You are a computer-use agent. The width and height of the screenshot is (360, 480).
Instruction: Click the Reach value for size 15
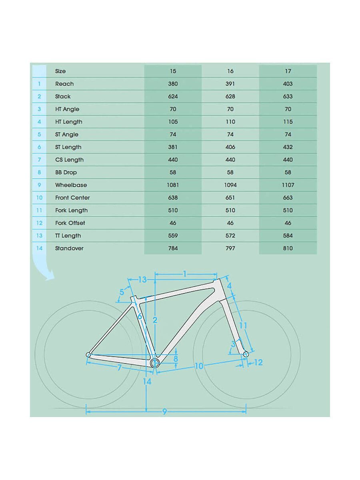point(173,84)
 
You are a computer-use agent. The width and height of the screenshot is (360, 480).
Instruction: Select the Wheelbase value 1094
point(230,185)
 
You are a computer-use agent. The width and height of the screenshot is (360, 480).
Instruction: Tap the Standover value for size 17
point(288,248)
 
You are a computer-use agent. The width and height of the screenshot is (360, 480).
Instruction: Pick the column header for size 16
point(230,71)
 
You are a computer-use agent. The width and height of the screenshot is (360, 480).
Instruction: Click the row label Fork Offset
point(70,223)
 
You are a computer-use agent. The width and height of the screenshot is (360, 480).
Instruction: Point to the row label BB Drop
point(66,172)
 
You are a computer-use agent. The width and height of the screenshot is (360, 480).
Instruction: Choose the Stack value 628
point(230,96)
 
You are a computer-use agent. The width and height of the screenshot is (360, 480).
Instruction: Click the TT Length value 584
point(288,236)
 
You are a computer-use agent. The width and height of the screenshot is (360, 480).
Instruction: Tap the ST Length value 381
point(173,147)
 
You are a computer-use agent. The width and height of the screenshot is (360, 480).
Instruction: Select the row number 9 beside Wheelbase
point(39,185)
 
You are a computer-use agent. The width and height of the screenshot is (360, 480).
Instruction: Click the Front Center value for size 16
point(230,198)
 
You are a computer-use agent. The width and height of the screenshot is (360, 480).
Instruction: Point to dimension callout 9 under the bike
point(164,412)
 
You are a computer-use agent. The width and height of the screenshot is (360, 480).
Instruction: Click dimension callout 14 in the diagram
point(147,382)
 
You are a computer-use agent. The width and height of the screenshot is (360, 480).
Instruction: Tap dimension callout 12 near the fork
point(258,362)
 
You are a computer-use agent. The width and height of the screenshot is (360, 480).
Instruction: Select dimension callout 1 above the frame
point(185,274)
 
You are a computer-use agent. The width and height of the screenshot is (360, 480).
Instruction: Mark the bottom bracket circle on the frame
point(155,363)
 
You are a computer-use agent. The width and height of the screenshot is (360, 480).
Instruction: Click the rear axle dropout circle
point(88,354)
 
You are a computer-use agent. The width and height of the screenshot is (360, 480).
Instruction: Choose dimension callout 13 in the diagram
point(142,280)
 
